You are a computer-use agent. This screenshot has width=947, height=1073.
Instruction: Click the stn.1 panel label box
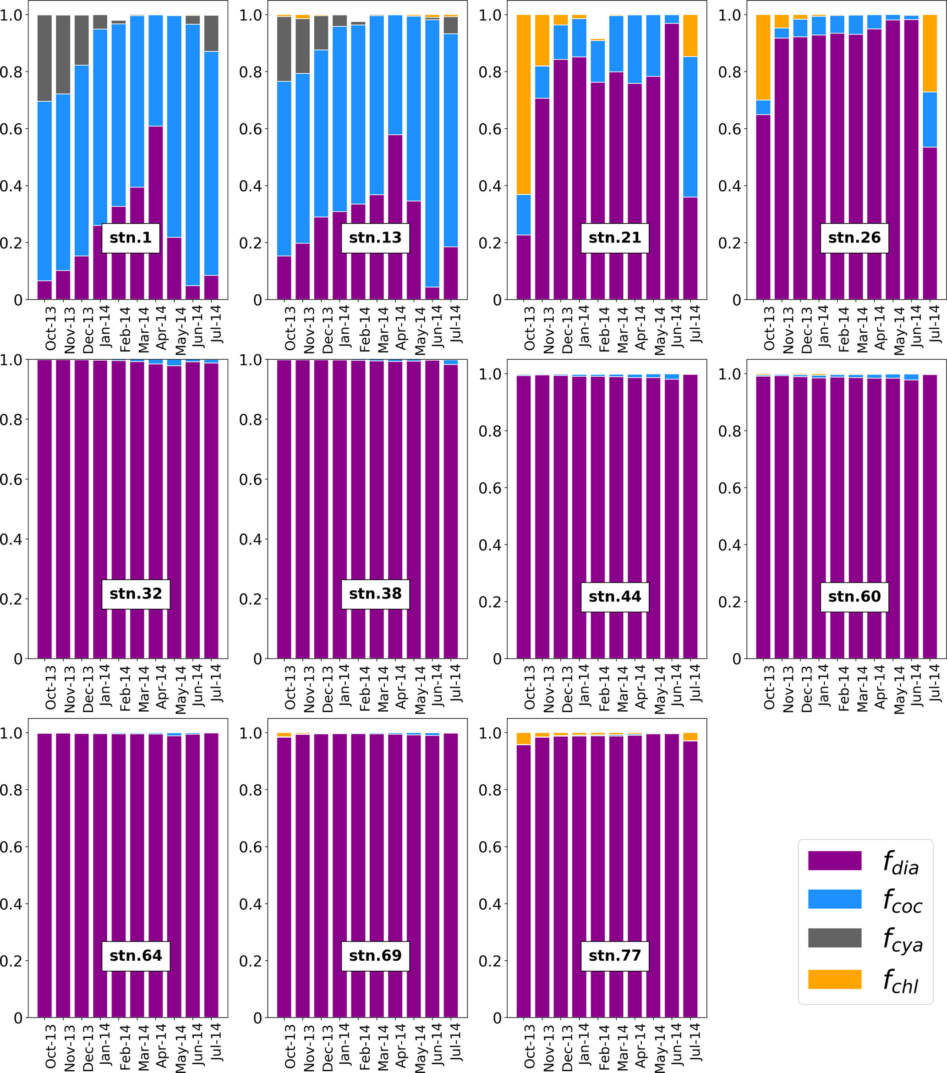point(131,238)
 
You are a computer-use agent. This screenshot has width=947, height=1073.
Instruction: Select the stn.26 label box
point(854,238)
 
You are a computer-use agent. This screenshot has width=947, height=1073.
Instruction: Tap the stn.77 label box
point(614,955)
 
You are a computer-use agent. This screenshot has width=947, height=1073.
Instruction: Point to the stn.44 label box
point(614,597)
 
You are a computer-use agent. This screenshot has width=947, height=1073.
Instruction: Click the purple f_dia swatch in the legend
point(834,860)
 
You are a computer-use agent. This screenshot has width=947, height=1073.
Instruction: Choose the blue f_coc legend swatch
point(834,899)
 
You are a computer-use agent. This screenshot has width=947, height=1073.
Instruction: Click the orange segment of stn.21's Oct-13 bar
point(523,105)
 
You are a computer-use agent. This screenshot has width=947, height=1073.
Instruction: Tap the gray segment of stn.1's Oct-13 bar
point(44,58)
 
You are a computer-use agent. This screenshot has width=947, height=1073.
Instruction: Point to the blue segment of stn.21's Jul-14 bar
point(690,127)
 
